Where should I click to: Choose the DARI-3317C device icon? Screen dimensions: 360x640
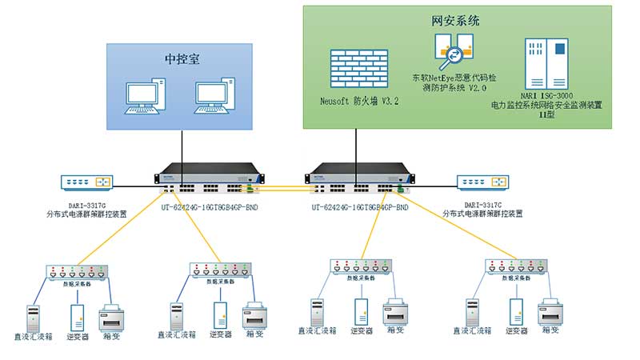pos(482,183)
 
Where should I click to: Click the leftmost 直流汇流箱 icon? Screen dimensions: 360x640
pos(33,317)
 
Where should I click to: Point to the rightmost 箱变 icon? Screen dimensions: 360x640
pos(550,312)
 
